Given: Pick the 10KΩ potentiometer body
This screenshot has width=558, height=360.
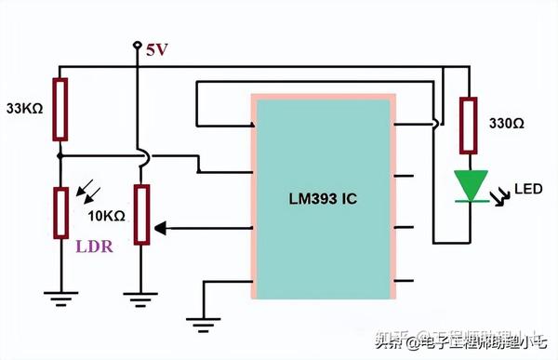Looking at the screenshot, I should click(140, 214).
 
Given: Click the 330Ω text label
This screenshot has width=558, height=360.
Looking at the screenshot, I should click(507, 123).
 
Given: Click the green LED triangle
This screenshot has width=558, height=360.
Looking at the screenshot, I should click(471, 184).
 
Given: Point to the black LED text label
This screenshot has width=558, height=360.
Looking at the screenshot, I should click(527, 190).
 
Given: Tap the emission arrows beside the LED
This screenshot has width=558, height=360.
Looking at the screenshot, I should click(498, 197).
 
